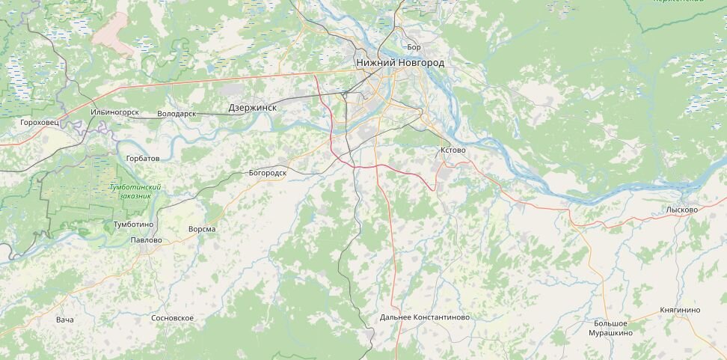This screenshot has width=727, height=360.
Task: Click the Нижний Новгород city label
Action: (x=400, y=63)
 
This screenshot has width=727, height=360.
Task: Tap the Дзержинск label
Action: (x=252, y=108)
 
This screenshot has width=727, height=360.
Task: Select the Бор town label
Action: (x=414, y=47)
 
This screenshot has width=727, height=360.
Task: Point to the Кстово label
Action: (x=453, y=150)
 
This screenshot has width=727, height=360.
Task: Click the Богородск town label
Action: (x=267, y=173)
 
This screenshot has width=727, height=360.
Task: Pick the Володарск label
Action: (x=177, y=114)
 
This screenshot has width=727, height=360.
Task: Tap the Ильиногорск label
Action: (x=114, y=112)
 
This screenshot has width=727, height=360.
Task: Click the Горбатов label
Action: (x=143, y=159)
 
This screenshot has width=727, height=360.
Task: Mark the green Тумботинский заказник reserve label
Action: (x=135, y=191)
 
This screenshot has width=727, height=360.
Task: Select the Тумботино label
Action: (x=133, y=225)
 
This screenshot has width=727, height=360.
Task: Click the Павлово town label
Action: (x=146, y=240)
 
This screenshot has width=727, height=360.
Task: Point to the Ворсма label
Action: (x=202, y=229)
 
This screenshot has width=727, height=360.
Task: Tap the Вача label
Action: (x=65, y=320)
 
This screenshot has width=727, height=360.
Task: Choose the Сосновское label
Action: (x=172, y=318)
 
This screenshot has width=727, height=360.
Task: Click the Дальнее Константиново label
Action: (x=424, y=317)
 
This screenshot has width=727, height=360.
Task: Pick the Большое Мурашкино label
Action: (x=608, y=328)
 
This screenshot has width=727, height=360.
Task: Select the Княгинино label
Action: (x=680, y=310)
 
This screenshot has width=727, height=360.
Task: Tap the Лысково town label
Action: (x=681, y=210)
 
